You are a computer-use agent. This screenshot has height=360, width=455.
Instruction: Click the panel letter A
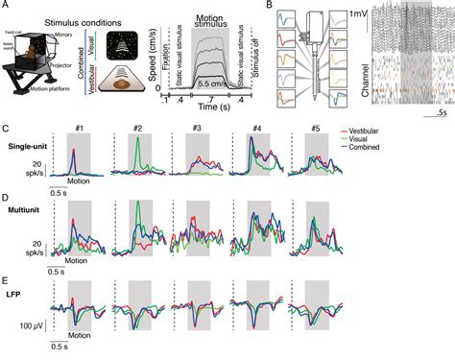(6, 6)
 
